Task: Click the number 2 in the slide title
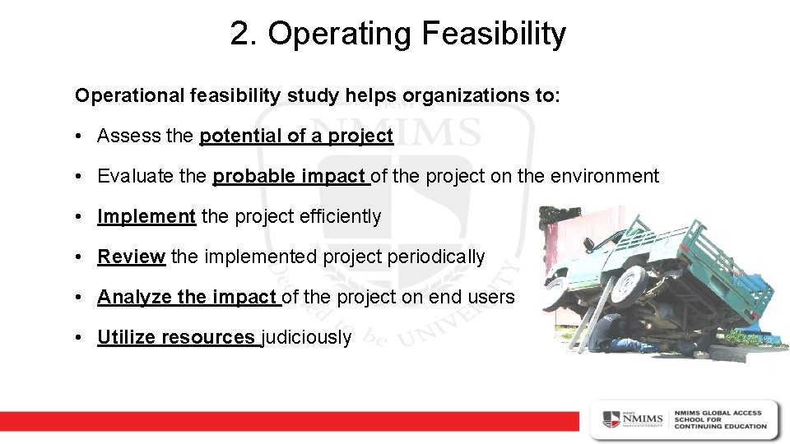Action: pyautogui.click(x=239, y=35)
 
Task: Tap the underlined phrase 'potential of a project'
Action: pyautogui.click(x=296, y=136)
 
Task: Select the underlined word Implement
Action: pyautogui.click(x=146, y=216)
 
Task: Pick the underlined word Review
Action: pyautogui.click(x=132, y=257)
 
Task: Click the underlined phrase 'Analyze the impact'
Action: pyautogui.click(x=188, y=297)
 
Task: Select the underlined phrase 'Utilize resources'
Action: pyautogui.click(x=176, y=337)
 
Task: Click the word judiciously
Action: pyautogui.click(x=307, y=337)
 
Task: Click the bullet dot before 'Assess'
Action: pyautogui.click(x=82, y=136)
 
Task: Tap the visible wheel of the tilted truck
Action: pyautogui.click(x=627, y=284)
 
